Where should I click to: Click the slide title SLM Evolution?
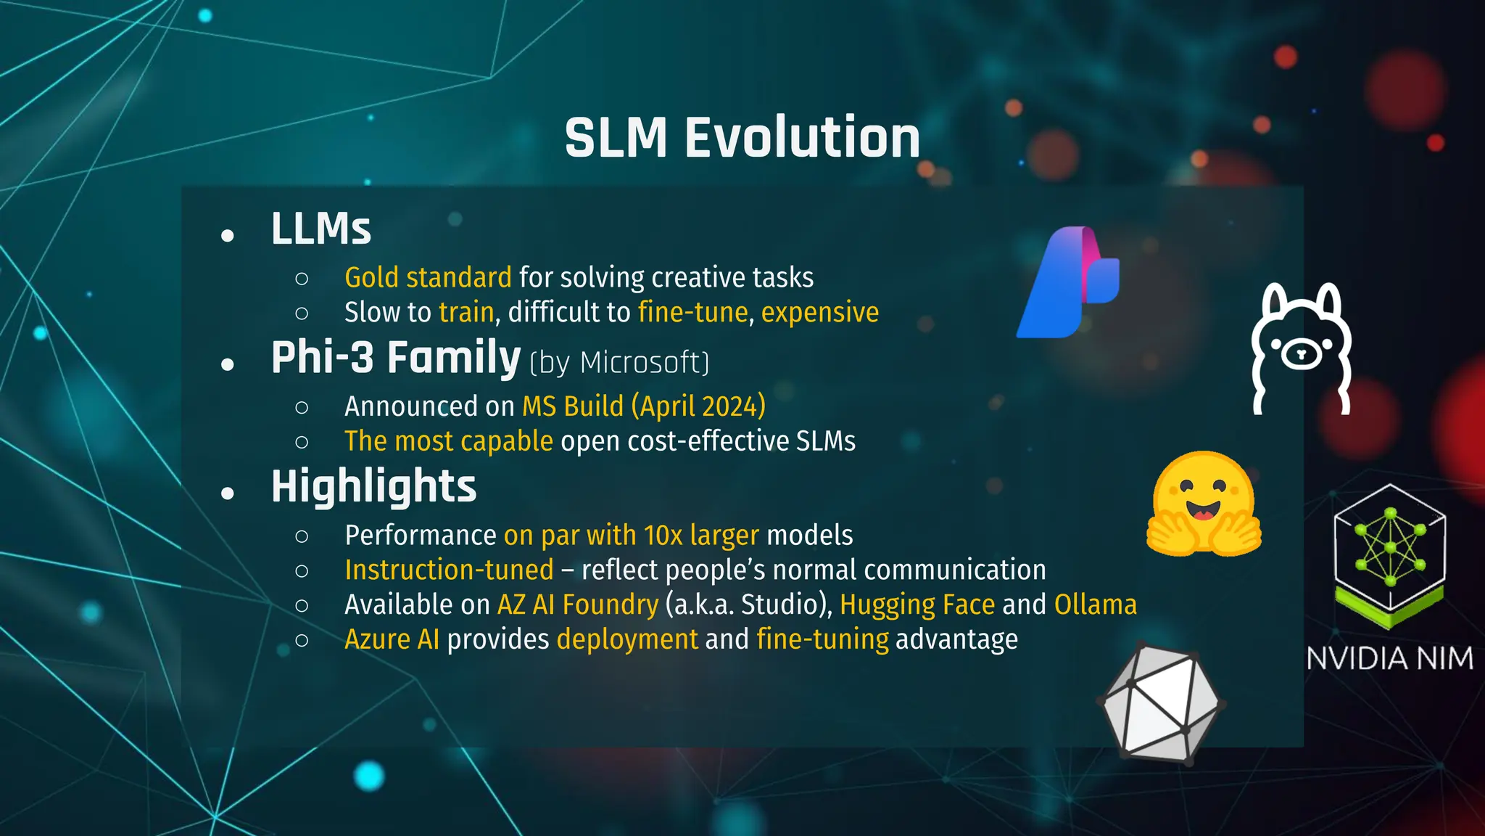[x=742, y=138]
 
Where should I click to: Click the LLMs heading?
[x=320, y=229]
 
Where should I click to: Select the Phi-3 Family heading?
[x=396, y=358]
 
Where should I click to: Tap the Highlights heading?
[x=373, y=486]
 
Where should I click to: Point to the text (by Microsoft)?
[x=619, y=362]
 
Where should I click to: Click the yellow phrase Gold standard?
[x=428, y=278]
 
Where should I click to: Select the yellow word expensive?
[x=819, y=313]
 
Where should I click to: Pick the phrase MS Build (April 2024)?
[x=644, y=406]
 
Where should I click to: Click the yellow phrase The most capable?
[x=448, y=441]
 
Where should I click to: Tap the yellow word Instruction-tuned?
[x=449, y=570]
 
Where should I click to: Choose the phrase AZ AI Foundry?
[x=578, y=605]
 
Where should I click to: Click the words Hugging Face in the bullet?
[x=917, y=605]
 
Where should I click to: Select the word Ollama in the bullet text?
[x=1095, y=605]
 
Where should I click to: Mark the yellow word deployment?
[x=627, y=639]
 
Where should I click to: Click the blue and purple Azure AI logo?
[x=1068, y=282]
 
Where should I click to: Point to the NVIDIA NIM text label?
[x=1389, y=659]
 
